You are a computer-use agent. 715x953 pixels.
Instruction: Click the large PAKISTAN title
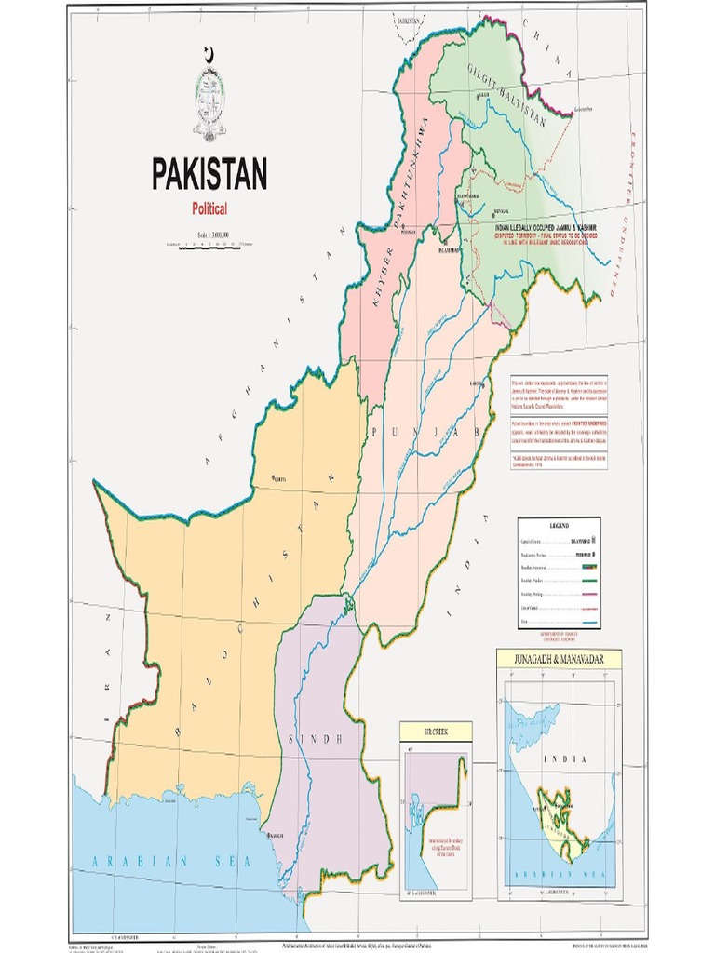pos(209,174)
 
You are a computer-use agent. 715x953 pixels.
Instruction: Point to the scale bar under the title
pos(209,245)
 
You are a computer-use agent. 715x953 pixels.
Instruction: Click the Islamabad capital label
pos(449,249)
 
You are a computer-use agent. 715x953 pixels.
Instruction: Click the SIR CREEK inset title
pos(436,732)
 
